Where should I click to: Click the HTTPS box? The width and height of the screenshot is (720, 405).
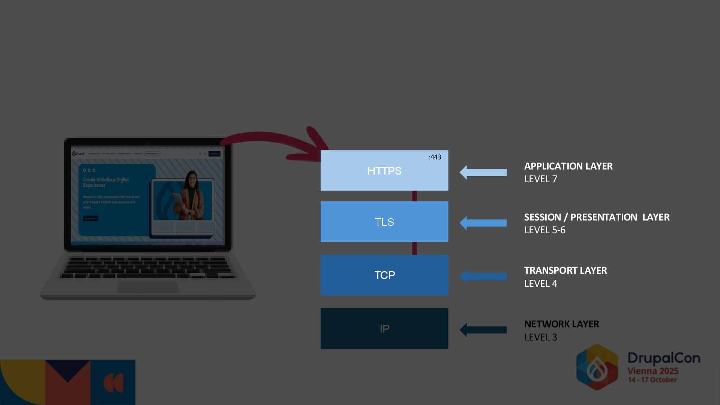[384, 171]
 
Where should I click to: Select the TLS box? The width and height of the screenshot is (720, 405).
[384, 222]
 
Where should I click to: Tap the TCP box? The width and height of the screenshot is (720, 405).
[384, 275]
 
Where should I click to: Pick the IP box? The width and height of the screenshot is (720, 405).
[384, 328]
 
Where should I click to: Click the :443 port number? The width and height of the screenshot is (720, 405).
[435, 157]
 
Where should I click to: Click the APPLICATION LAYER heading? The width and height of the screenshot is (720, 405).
[568, 166]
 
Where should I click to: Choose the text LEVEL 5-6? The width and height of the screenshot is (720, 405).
[544, 230]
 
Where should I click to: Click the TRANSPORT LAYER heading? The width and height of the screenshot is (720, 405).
[565, 270]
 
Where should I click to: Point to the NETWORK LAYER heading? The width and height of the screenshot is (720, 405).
[561, 324]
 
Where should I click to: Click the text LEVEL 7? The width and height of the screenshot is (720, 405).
[540, 179]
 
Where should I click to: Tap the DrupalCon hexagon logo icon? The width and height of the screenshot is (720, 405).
[597, 367]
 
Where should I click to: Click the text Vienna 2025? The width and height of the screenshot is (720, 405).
[653, 371]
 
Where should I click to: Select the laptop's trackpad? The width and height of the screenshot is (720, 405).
[148, 287]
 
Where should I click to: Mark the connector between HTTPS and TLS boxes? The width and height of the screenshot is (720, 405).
[414, 196]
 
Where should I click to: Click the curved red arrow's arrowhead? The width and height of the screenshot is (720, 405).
[317, 144]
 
